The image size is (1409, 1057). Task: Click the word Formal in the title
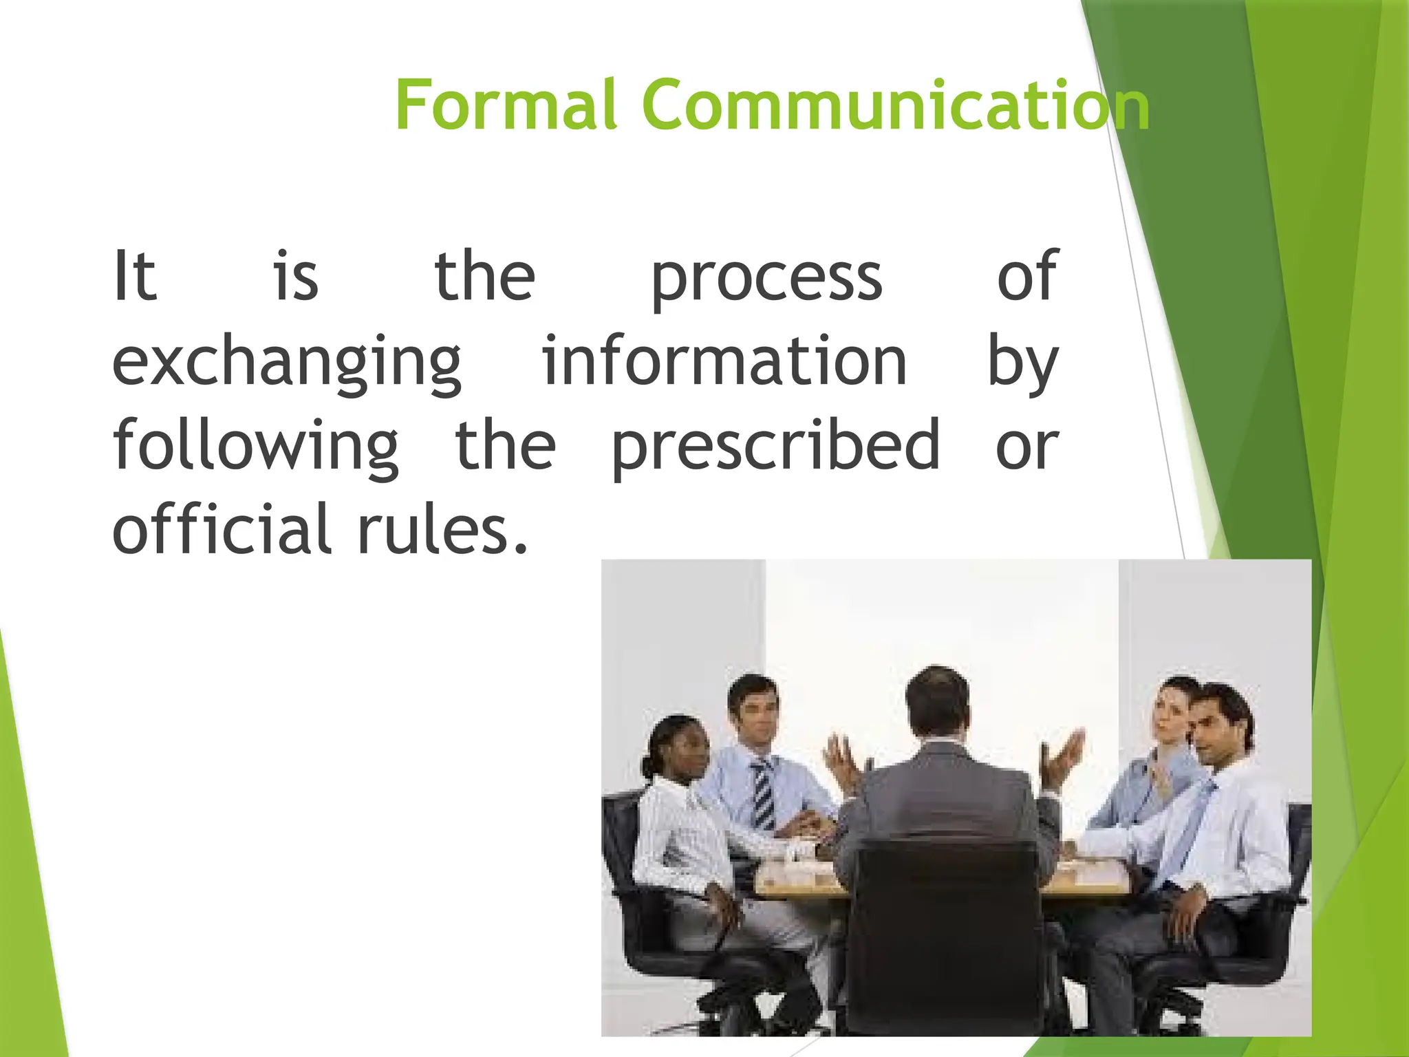pyautogui.click(x=506, y=105)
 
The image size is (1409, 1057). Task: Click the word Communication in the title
pyautogui.click(x=894, y=105)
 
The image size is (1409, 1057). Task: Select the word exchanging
pyautogui.click(x=286, y=363)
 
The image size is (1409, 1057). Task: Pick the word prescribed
pyautogui.click(x=775, y=447)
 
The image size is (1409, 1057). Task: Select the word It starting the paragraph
pyautogui.click(x=135, y=277)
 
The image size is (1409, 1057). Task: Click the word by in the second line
pyautogui.click(x=1022, y=363)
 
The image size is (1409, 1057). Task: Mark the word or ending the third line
pyautogui.click(x=1026, y=447)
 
